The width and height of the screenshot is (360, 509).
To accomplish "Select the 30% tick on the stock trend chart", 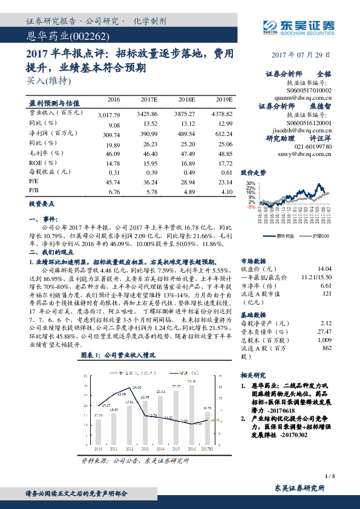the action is [250, 183].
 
